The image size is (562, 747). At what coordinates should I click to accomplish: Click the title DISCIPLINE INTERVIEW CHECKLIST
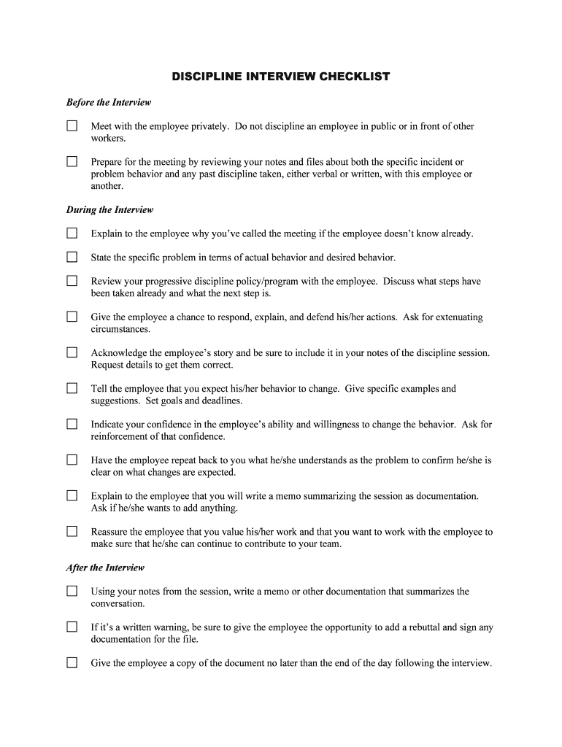coord(280,76)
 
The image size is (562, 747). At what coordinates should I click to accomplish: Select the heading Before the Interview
coord(109,102)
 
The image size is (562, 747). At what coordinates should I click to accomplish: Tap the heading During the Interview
coord(110,209)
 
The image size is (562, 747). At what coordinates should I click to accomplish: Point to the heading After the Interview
coord(106,568)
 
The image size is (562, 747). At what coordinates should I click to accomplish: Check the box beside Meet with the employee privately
coord(72,125)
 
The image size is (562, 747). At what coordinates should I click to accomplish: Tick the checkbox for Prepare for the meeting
coord(72,161)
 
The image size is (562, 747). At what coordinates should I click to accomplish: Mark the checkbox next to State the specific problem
coord(72,257)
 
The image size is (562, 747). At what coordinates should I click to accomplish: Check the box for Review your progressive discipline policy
coord(72,280)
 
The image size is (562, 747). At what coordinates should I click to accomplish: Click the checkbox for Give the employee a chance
coord(72,317)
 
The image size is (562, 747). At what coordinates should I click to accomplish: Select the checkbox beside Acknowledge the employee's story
coord(72,352)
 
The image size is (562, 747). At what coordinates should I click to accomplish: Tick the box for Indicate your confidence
coord(72,424)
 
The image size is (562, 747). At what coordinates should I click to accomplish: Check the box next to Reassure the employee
coord(72,531)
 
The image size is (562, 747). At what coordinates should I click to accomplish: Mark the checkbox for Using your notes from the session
coord(72,591)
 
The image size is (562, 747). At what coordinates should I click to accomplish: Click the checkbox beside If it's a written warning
coord(72,627)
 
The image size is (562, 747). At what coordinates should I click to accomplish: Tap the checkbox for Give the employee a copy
coord(72,662)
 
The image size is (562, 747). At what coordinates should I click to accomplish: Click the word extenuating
coord(458,317)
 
